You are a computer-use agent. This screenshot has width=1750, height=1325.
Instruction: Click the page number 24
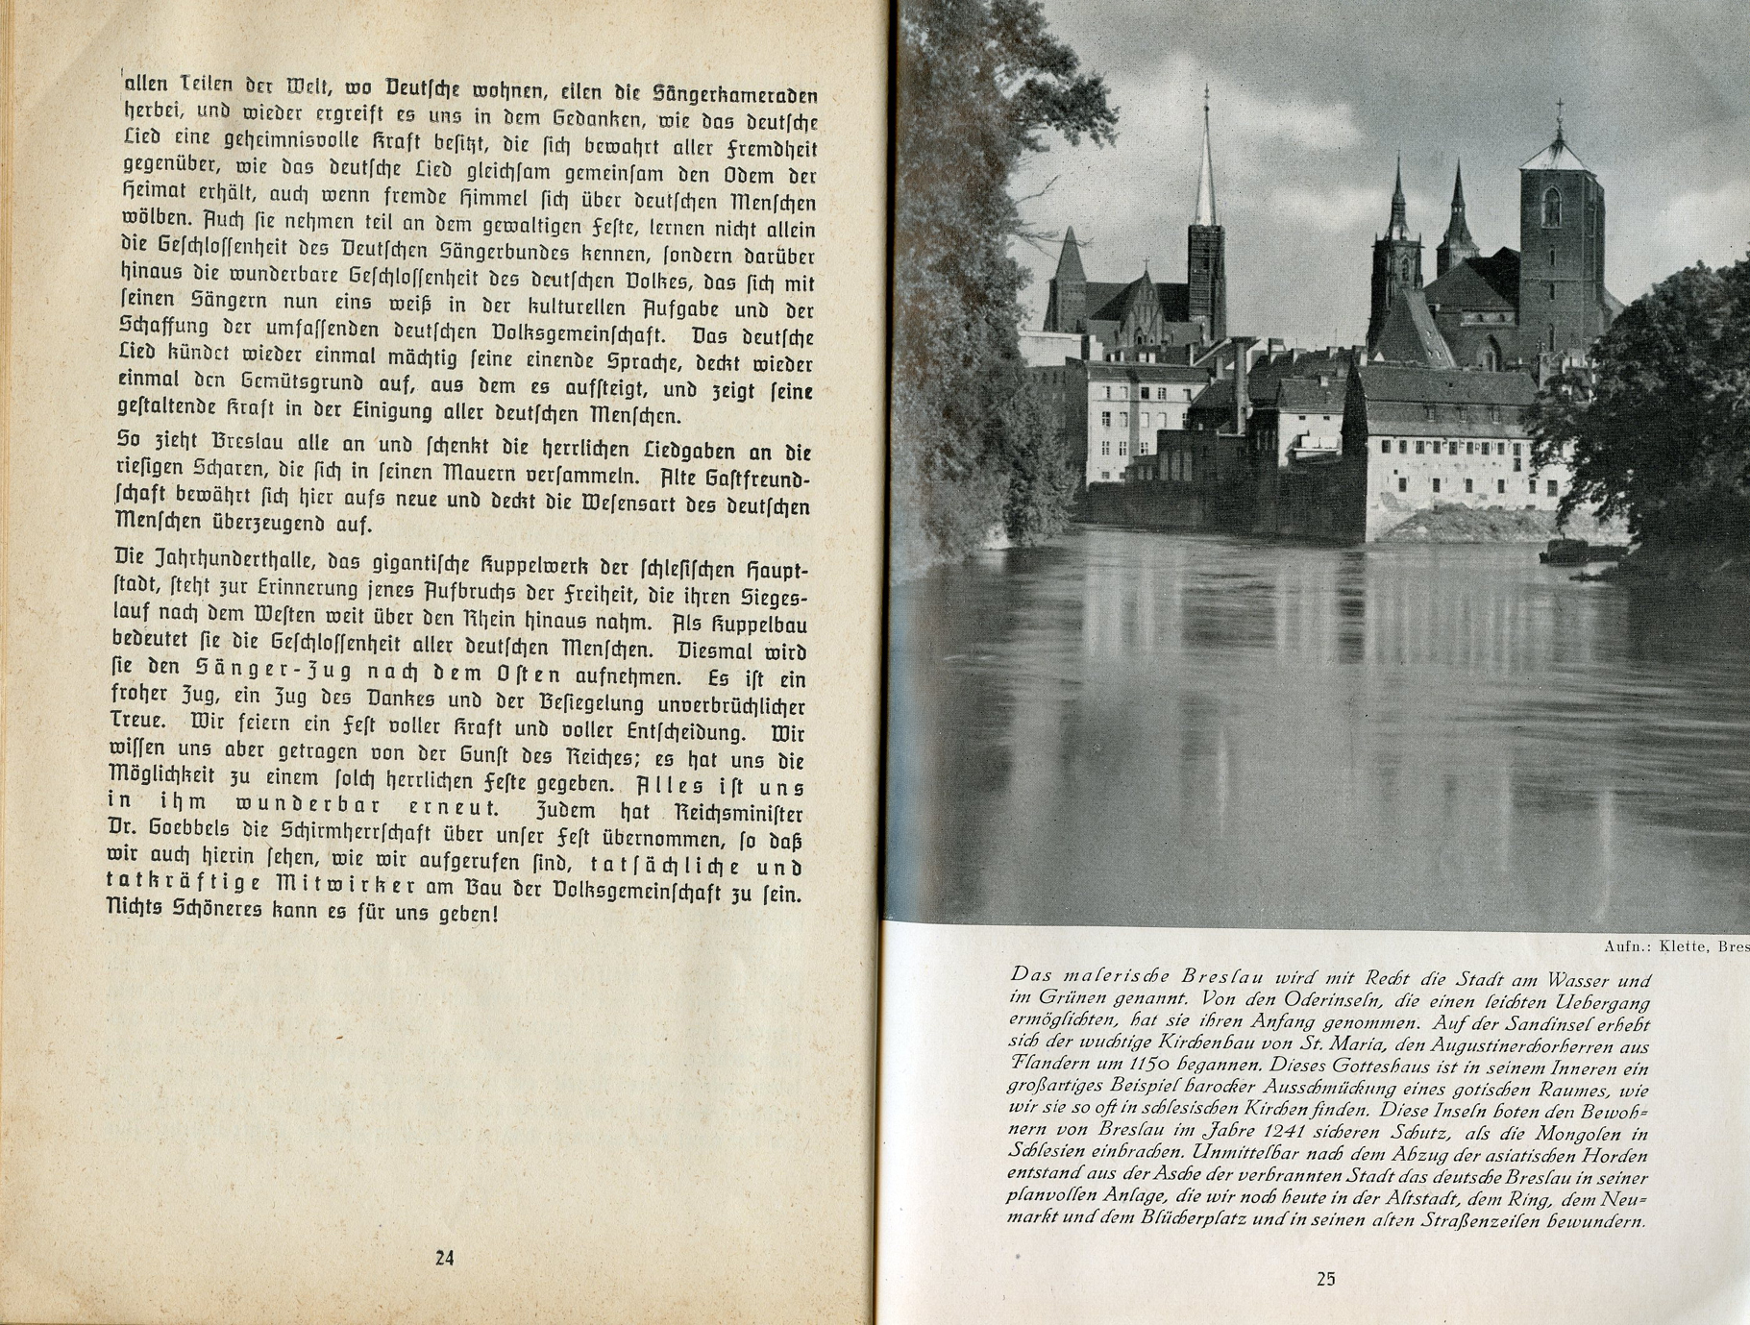(x=444, y=1258)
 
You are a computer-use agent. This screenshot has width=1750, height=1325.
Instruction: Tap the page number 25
(x=1326, y=1279)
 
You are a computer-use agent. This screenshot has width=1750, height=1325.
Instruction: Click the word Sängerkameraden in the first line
(x=735, y=95)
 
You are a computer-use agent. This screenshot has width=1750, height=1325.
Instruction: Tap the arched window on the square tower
(x=1551, y=207)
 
